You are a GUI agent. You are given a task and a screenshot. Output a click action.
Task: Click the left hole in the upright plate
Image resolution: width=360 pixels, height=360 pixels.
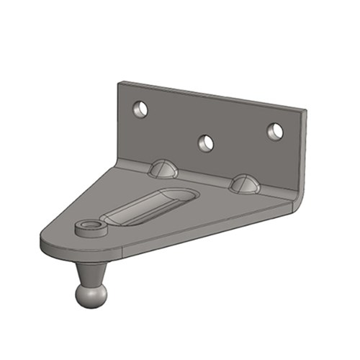(x=140, y=109)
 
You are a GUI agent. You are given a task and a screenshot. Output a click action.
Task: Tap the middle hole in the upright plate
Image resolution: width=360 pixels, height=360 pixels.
(x=207, y=143)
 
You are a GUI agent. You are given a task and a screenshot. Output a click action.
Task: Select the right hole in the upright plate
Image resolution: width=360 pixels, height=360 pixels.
(x=274, y=131)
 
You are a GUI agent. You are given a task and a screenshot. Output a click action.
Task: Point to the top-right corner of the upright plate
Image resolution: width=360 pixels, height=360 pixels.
(x=305, y=109)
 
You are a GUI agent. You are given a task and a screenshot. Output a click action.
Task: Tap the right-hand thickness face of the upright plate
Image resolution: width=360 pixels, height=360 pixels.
(x=303, y=151)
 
